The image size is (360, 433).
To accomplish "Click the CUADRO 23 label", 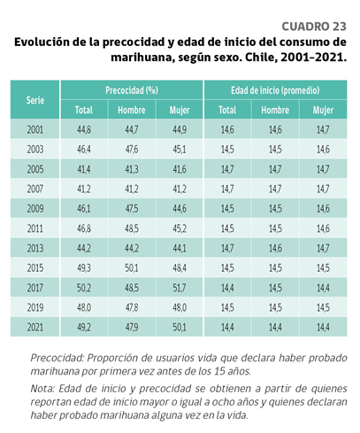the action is (314, 27).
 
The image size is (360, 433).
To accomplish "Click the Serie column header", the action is (35, 100).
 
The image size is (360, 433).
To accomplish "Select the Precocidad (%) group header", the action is (132, 90).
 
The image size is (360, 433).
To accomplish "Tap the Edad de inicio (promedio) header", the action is (275, 90).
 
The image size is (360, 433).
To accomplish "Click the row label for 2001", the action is (35, 129).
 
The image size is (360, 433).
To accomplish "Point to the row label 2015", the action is (35, 268).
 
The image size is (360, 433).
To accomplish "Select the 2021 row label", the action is (35, 328).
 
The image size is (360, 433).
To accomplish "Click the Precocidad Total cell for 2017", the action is (84, 288).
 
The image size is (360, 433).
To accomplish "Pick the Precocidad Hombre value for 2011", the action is (132, 228).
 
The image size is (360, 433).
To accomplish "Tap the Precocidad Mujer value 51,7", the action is (180, 288).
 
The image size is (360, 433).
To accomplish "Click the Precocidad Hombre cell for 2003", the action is (132, 150).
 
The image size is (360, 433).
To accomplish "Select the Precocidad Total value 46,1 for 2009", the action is (84, 209).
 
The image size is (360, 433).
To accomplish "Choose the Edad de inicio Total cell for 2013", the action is (227, 248).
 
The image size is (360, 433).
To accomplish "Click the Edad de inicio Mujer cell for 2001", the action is (323, 129).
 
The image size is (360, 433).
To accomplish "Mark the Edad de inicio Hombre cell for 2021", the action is (275, 328).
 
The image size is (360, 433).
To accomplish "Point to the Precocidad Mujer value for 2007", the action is (180, 189).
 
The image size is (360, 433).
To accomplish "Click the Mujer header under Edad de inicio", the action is (323, 110).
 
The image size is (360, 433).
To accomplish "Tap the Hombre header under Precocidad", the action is (132, 110).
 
